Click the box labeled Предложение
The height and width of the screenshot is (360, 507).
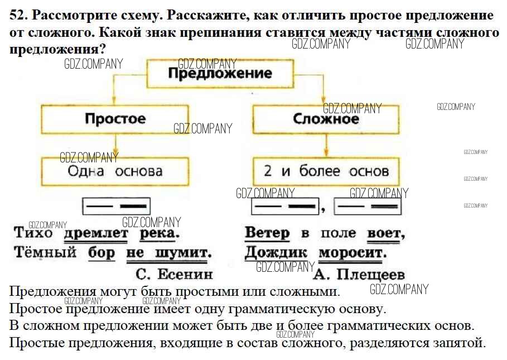point(220,73)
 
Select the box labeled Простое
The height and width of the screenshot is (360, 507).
point(115,118)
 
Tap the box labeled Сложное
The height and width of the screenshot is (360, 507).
point(326,119)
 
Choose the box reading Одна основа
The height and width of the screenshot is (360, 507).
point(115,171)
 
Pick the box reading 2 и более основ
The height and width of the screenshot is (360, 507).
point(326,171)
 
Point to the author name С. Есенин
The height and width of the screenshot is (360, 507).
point(174,273)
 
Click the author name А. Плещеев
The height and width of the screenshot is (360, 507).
point(359,274)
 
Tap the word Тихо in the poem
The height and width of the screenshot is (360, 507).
point(32,233)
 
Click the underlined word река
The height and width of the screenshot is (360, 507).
point(160,233)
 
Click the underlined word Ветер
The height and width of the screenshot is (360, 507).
point(267,233)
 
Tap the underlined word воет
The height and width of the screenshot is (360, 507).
point(385,233)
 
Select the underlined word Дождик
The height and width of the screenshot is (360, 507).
point(276,253)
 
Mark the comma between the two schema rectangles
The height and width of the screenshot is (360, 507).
point(323,210)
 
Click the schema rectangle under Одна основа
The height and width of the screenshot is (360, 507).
point(117,207)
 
